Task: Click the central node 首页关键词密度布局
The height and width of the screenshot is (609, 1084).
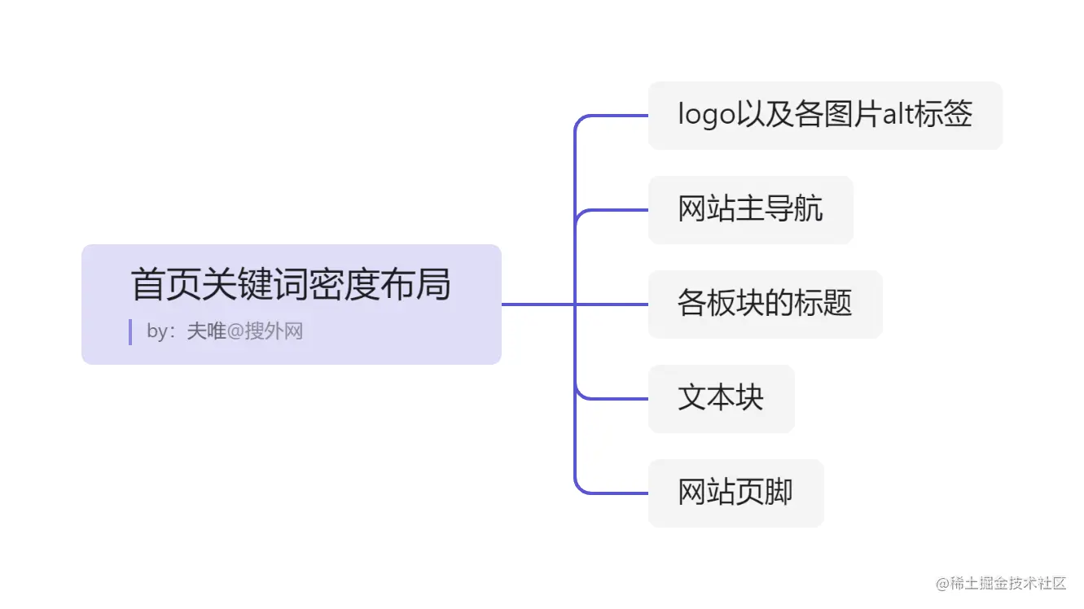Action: point(291,303)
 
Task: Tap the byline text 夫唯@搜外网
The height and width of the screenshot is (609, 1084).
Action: point(245,331)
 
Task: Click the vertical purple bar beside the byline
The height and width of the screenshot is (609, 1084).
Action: point(130,332)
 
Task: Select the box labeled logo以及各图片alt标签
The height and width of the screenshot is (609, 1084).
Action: point(824,115)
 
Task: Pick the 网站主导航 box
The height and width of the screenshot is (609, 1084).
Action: point(750,209)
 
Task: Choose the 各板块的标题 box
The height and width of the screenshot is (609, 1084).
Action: point(765,304)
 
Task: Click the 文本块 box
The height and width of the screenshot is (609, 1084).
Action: point(721,398)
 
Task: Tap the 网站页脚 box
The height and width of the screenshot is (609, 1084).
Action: point(735,493)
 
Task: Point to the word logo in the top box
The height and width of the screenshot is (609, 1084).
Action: point(706,116)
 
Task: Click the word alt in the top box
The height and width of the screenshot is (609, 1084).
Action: point(898,115)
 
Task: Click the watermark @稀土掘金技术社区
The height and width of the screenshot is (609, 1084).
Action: point(1001,584)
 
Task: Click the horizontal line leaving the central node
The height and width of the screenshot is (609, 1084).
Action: point(538,304)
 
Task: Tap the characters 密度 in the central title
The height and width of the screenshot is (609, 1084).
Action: point(354,285)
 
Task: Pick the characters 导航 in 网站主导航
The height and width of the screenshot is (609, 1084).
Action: point(794,209)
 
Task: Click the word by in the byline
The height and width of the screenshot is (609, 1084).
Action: point(156,332)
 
